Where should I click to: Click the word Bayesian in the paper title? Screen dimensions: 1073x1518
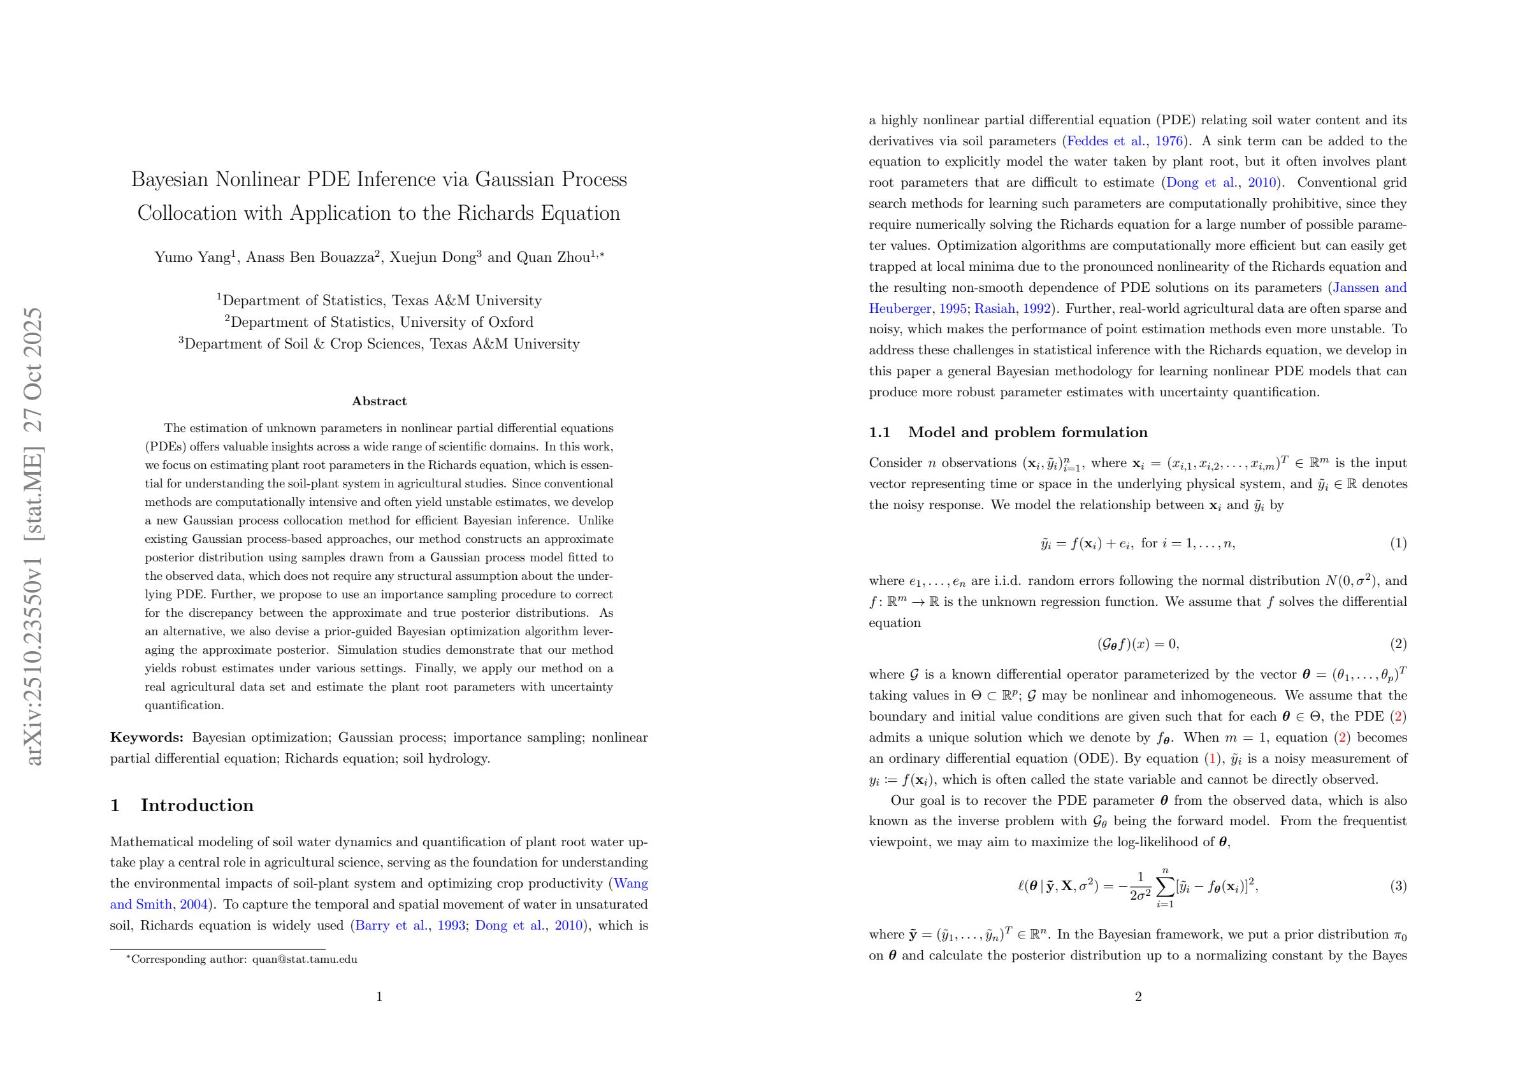click(x=170, y=180)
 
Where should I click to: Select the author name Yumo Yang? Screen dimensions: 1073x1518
click(x=192, y=258)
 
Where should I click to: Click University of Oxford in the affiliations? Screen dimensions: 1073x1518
click(x=466, y=322)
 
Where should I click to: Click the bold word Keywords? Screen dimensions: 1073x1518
click(x=147, y=738)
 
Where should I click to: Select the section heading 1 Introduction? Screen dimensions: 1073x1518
click(x=182, y=805)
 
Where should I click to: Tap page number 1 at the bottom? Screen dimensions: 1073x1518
click(x=379, y=997)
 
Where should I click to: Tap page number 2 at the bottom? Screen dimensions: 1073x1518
click(x=1138, y=997)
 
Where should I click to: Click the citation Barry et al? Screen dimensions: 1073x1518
click(x=391, y=926)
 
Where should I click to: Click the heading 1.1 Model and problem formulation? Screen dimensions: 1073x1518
click(x=1008, y=433)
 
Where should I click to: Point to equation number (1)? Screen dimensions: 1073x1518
click(x=1398, y=544)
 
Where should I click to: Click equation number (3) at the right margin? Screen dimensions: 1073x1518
click(x=1398, y=886)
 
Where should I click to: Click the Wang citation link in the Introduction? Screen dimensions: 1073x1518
click(x=632, y=884)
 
